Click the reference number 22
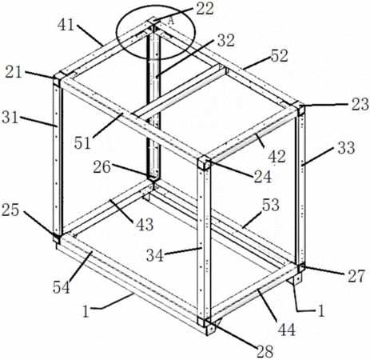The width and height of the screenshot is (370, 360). click(x=205, y=8)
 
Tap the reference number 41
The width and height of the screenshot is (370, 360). click(x=66, y=25)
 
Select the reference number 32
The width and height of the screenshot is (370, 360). click(x=225, y=40)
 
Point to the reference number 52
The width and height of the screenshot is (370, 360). click(x=280, y=56)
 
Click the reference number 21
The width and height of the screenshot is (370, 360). click(x=14, y=72)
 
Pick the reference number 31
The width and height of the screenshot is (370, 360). click(x=10, y=117)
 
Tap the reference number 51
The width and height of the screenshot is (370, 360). click(x=82, y=143)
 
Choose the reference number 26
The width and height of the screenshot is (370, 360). click(x=101, y=167)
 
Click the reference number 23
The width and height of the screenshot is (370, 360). click(x=360, y=104)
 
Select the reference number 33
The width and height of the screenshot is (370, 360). click(x=346, y=148)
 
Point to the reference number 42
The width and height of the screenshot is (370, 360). click(x=277, y=156)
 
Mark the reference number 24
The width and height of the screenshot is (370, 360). click(x=263, y=177)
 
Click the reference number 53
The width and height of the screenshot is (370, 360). click(x=271, y=205)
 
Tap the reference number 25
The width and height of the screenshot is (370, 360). click(x=10, y=210)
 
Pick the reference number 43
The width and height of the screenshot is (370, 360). click(x=145, y=224)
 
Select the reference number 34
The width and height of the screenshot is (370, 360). click(x=155, y=255)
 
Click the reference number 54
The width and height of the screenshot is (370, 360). click(x=62, y=287)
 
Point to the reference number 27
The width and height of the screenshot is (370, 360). click(x=356, y=276)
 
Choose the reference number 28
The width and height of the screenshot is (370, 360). click(x=265, y=351)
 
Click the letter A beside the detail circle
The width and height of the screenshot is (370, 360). click(x=171, y=21)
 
